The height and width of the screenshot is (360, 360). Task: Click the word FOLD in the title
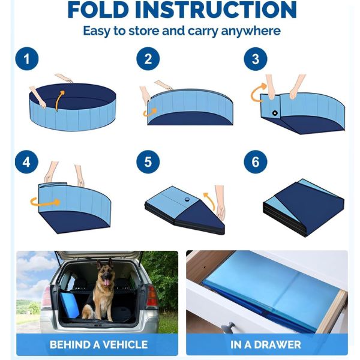[x=98, y=10]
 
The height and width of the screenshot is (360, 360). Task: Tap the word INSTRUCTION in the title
[x=215, y=10]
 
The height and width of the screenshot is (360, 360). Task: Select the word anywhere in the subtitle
[x=251, y=31]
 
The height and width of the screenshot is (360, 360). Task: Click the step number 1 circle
[x=27, y=59]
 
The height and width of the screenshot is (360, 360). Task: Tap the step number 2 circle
[x=148, y=59]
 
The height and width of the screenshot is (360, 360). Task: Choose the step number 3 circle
[x=256, y=59]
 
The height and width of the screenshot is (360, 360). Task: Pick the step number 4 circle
[x=26, y=162]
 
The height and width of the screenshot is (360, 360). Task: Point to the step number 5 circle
[x=148, y=162]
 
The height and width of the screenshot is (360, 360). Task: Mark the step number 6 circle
[x=256, y=162]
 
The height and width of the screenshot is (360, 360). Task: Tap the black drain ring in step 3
[x=275, y=113]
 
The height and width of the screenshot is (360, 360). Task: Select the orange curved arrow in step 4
[x=45, y=203]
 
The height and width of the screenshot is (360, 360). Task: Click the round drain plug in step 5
[x=187, y=199]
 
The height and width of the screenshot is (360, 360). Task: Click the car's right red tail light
[x=151, y=296]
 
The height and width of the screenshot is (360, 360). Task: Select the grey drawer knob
[x=228, y=327]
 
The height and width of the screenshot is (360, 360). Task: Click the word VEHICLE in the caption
[x=125, y=344]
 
